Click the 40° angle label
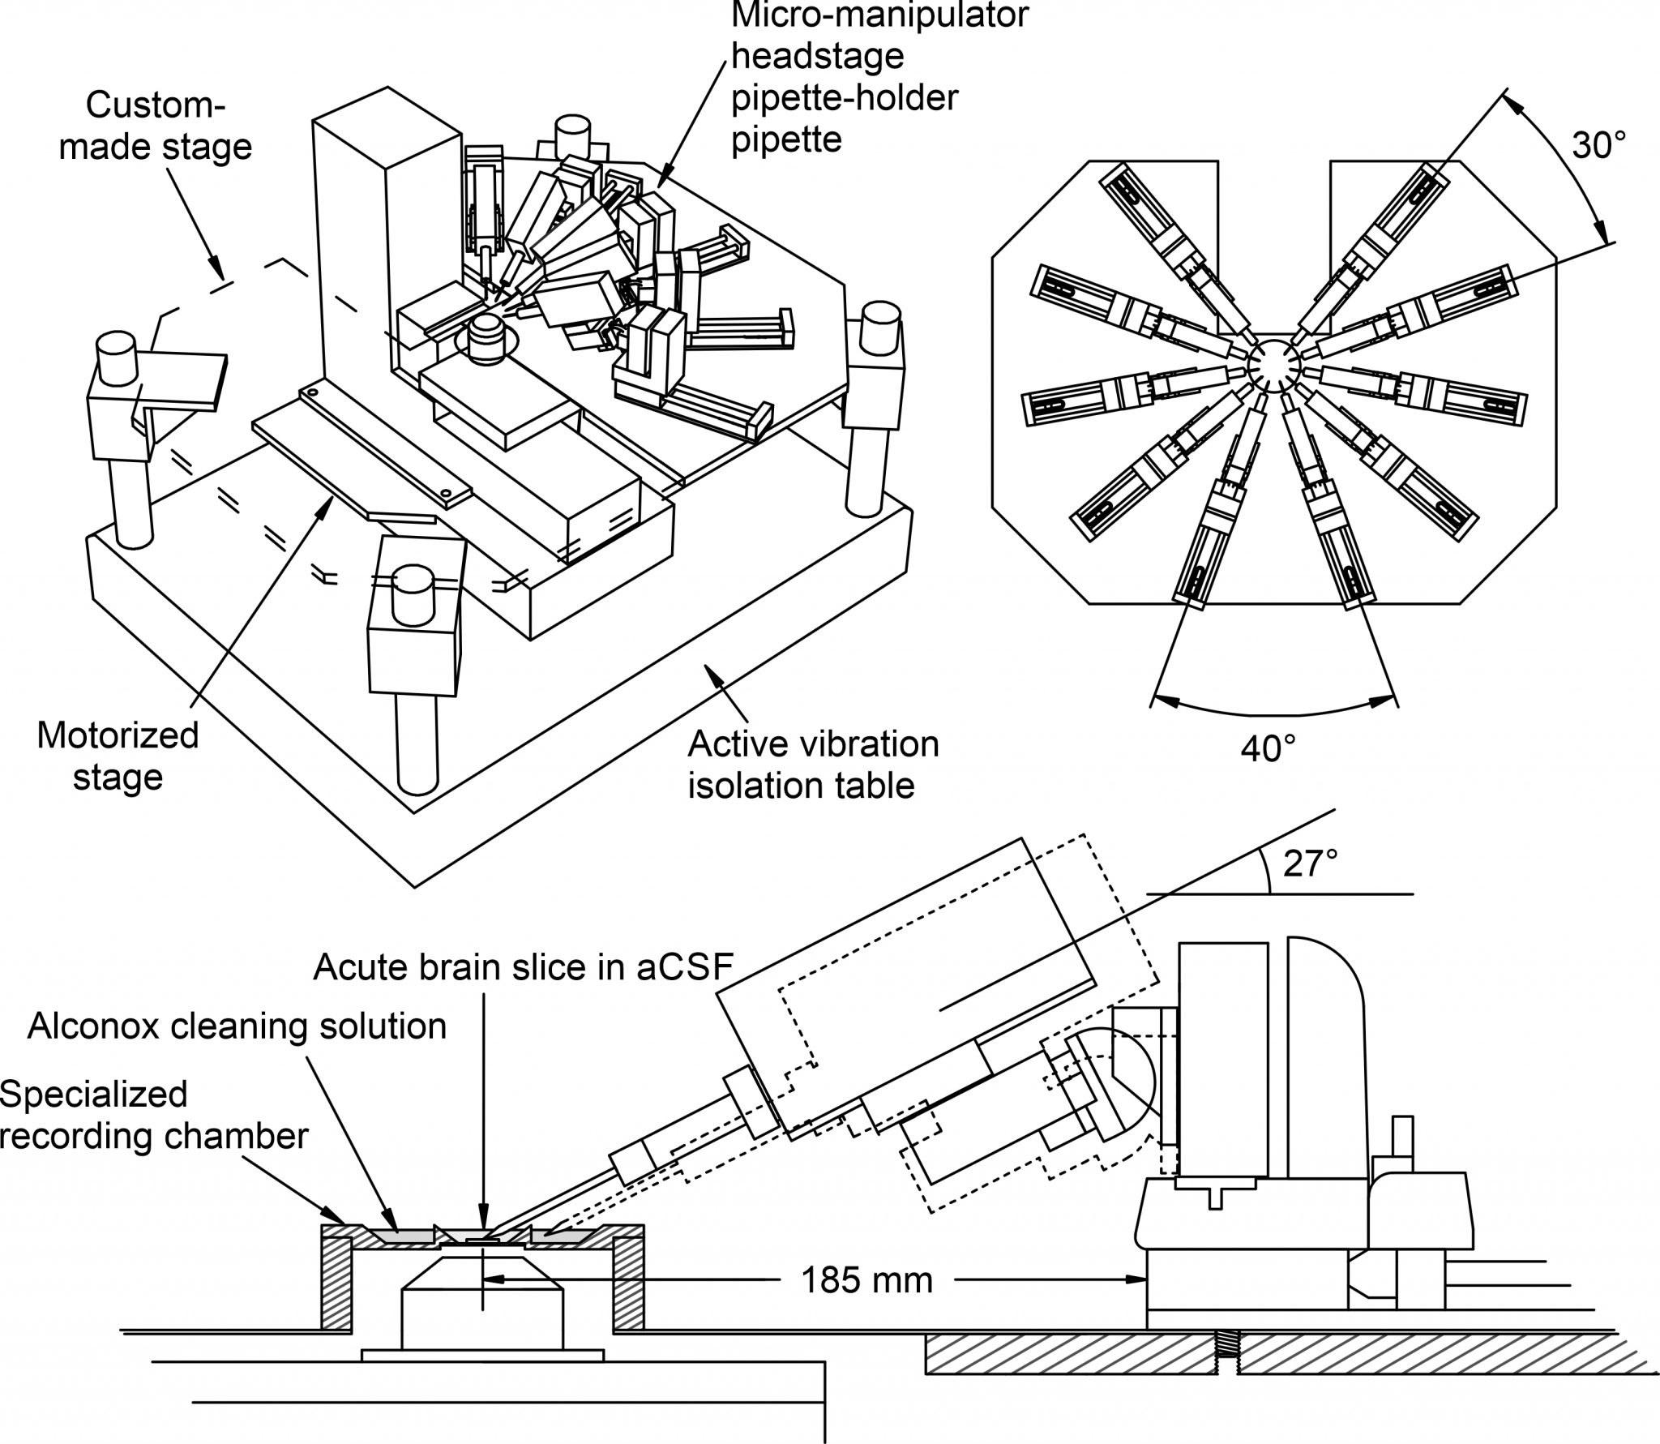[x=1268, y=748]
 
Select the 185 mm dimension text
[x=866, y=1281]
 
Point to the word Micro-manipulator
[x=880, y=15]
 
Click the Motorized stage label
[x=118, y=756]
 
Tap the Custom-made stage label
[x=156, y=126]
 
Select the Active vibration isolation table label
[x=813, y=765]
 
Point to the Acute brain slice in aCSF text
[x=523, y=966]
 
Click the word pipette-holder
[x=845, y=99]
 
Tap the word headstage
[x=817, y=57]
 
